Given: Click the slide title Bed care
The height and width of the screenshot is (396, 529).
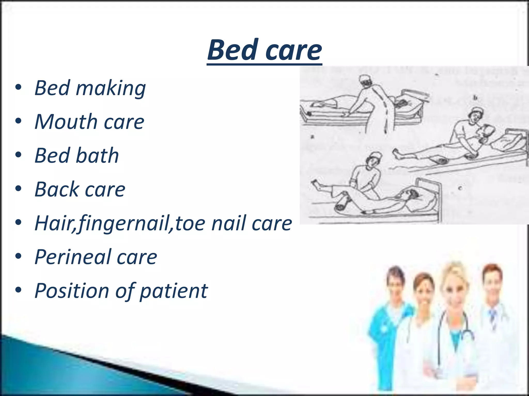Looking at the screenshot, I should click(264, 50).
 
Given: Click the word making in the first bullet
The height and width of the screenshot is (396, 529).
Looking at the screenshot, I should click(111, 88).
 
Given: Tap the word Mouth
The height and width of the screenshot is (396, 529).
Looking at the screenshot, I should click(66, 122).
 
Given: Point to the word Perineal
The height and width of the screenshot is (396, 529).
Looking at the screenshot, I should click(72, 257).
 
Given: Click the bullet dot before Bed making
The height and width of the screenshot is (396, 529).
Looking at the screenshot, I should click(18, 88).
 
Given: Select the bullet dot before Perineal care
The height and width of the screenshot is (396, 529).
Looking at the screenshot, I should click(18, 257).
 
